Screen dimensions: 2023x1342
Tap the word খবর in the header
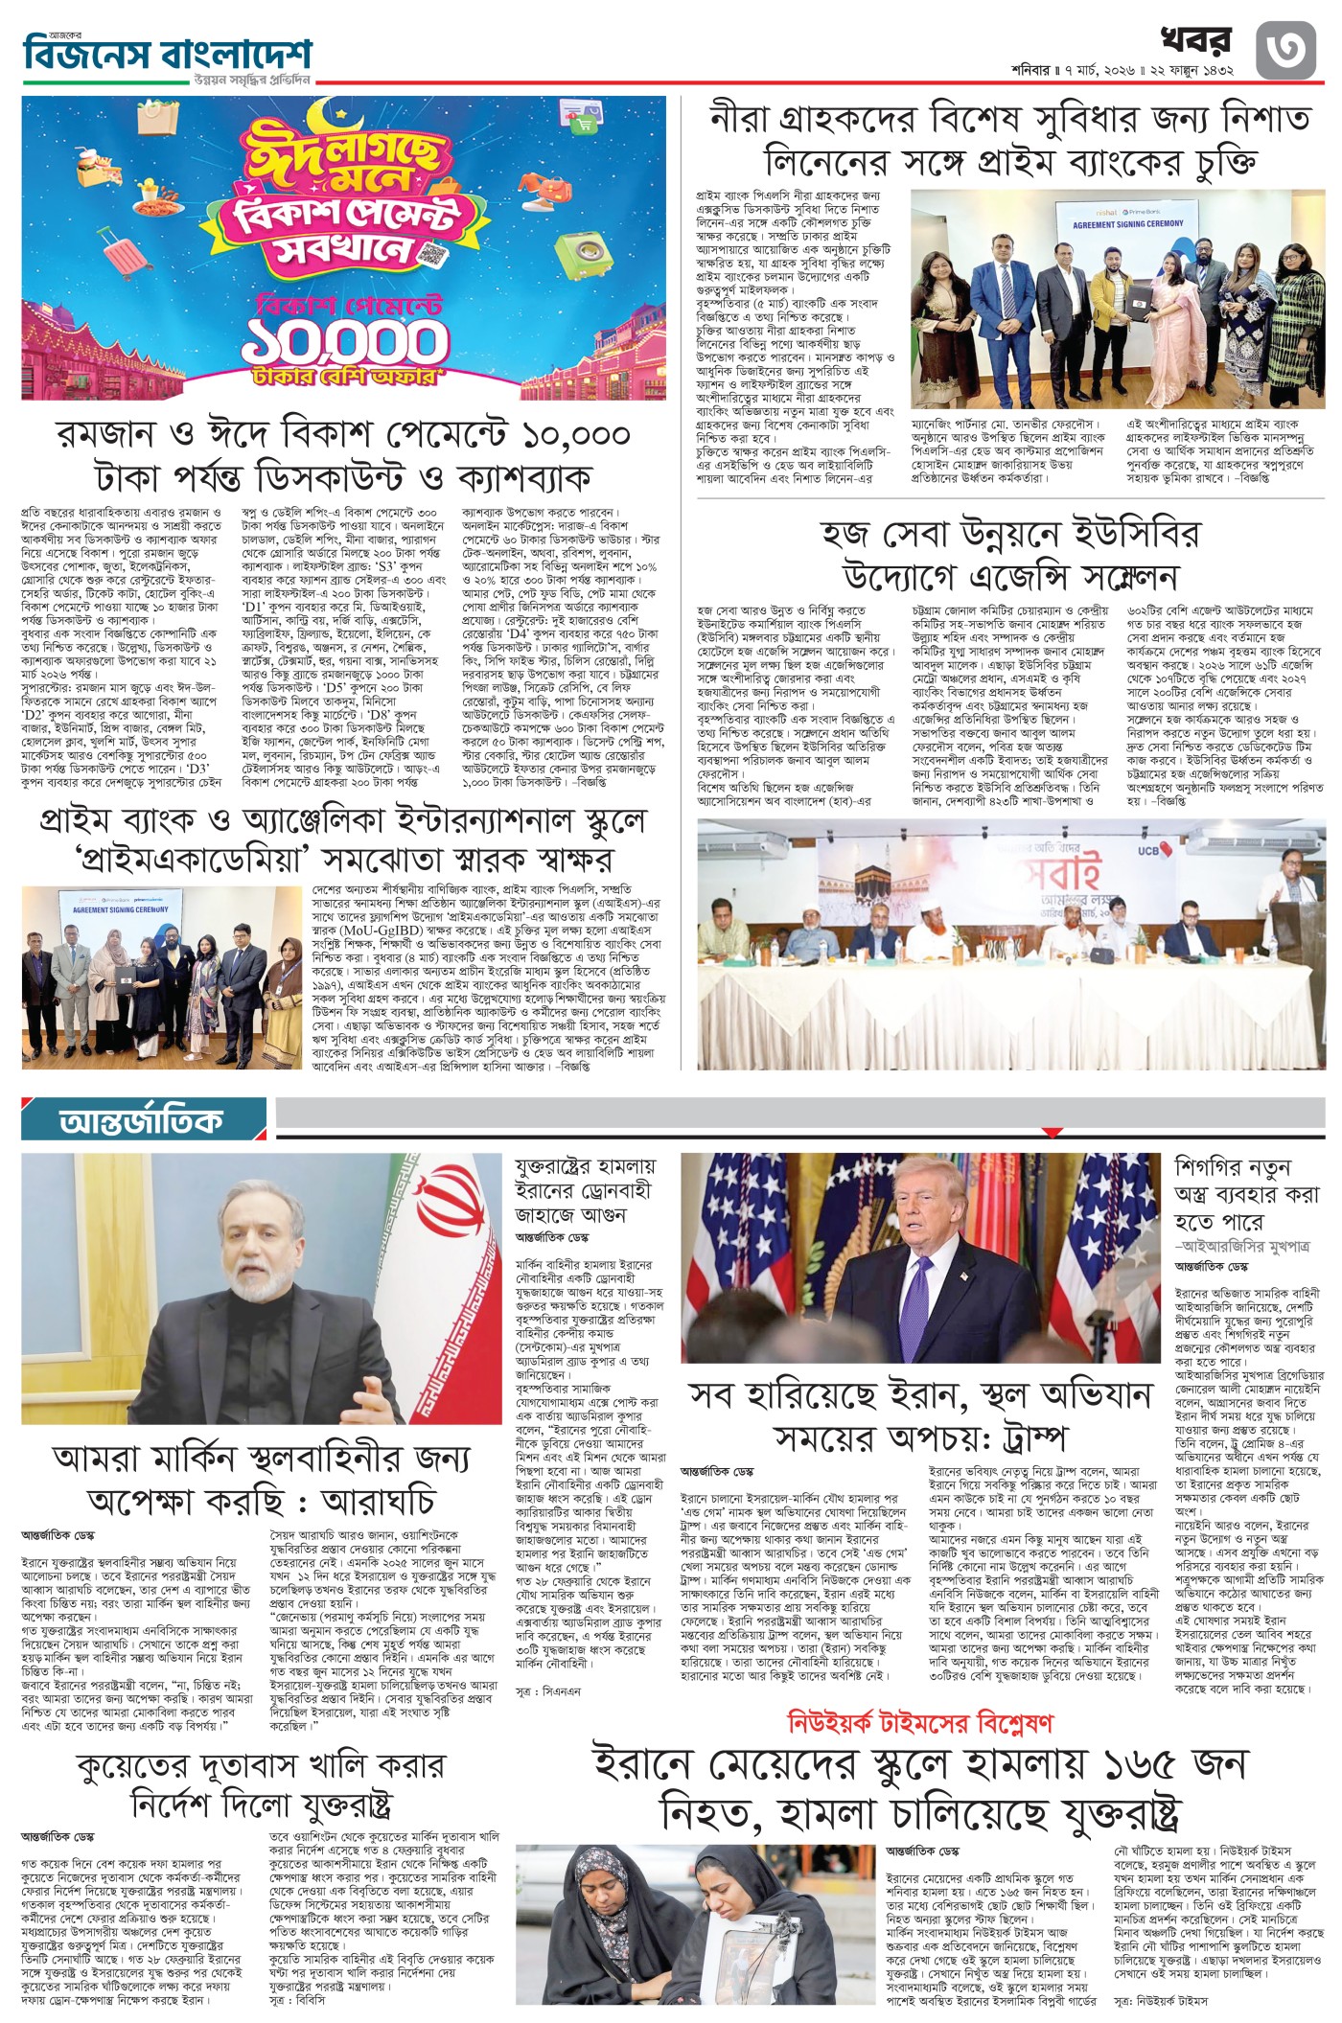1195,40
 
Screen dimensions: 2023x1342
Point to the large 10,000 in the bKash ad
344,340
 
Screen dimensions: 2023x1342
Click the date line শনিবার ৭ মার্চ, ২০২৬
1122,71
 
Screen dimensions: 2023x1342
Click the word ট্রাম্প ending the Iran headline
1021,1438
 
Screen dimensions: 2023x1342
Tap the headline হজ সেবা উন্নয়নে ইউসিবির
1009,534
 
